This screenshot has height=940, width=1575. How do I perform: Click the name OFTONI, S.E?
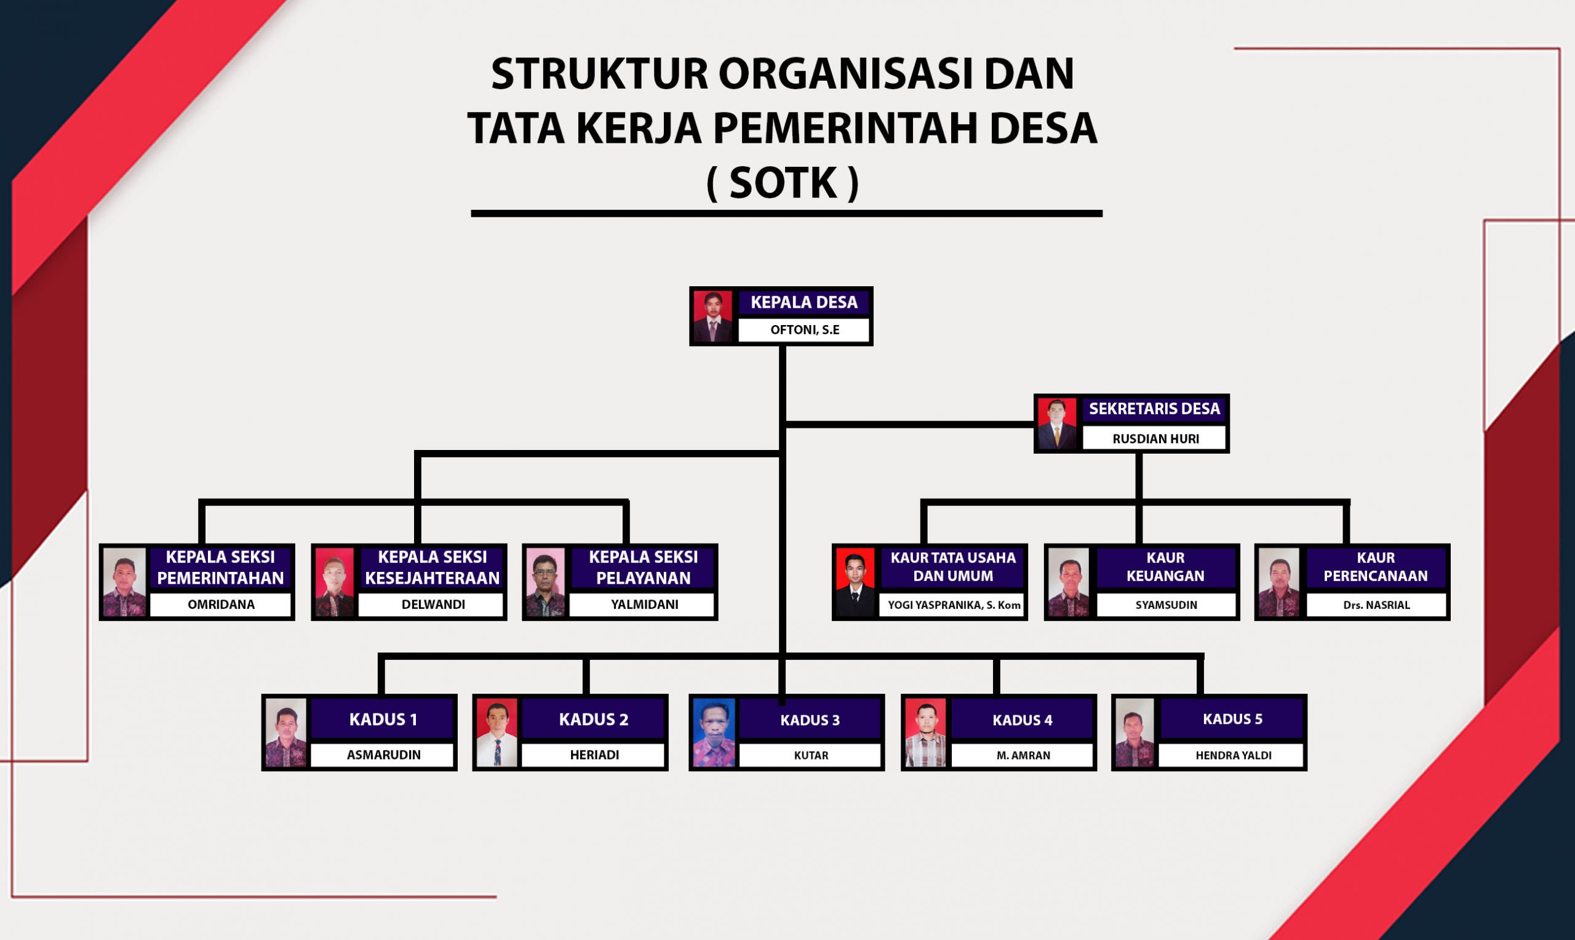(x=805, y=330)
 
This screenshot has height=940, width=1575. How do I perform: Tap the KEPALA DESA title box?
(x=804, y=303)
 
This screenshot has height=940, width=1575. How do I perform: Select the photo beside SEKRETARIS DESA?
(x=1056, y=423)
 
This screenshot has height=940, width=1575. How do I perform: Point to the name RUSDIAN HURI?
(x=1155, y=439)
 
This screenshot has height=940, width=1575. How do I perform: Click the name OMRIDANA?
(x=221, y=605)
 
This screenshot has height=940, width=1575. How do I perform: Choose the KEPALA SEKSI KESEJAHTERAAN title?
(x=433, y=568)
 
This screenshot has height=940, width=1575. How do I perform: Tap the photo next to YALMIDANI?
(x=545, y=582)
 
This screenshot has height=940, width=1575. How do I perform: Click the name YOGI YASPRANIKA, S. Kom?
(x=954, y=605)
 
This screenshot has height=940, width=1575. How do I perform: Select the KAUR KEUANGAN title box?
(x=1165, y=567)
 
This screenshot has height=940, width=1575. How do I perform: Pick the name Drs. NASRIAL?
(x=1376, y=605)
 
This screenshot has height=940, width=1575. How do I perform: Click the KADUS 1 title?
(x=383, y=719)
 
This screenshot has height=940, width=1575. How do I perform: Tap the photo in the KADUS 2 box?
(x=497, y=733)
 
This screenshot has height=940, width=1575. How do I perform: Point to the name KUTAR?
(x=811, y=755)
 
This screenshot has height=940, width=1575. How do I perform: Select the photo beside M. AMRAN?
(x=925, y=733)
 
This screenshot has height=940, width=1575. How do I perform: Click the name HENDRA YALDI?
(x=1233, y=755)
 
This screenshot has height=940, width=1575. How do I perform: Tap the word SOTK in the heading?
(x=783, y=183)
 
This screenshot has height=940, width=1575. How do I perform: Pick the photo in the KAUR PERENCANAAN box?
(x=1278, y=582)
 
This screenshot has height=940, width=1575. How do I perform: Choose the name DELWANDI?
(x=433, y=605)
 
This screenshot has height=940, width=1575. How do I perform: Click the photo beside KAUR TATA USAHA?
(x=855, y=582)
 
